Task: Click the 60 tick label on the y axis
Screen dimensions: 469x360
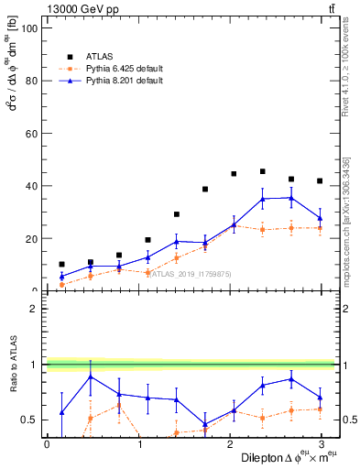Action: (31, 134)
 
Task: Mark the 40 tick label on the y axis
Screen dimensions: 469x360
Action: (31, 186)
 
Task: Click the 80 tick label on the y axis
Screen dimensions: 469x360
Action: (31, 81)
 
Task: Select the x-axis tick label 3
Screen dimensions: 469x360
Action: (320, 444)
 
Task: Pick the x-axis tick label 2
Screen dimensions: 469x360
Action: (229, 444)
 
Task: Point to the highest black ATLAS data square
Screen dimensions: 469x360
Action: (263, 171)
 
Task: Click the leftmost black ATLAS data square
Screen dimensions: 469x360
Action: (61, 264)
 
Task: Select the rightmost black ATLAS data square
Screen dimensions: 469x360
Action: (320, 181)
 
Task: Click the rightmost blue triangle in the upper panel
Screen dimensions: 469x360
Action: (320, 218)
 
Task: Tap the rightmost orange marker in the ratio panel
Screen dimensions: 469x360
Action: (320, 409)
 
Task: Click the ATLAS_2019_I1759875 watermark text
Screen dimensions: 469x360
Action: (191, 273)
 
